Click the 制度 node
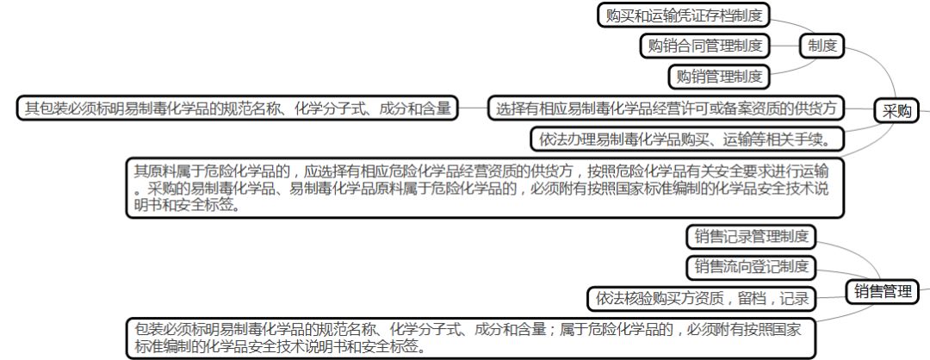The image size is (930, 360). pyautogui.click(x=822, y=46)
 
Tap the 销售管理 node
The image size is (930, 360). pyautogui.click(x=883, y=291)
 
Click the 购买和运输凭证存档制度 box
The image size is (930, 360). pyautogui.click(x=683, y=15)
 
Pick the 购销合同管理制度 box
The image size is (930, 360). pyautogui.click(x=705, y=46)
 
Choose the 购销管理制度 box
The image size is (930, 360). pyautogui.click(x=719, y=77)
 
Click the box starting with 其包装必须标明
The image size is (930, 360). pyautogui.click(x=237, y=109)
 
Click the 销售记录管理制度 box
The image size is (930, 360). pyautogui.click(x=750, y=236)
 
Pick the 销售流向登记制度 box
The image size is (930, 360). pyautogui.click(x=751, y=266)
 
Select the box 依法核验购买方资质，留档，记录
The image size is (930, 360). pyautogui.click(x=702, y=298)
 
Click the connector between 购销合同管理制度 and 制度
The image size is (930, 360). pyautogui.click(x=785, y=46)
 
